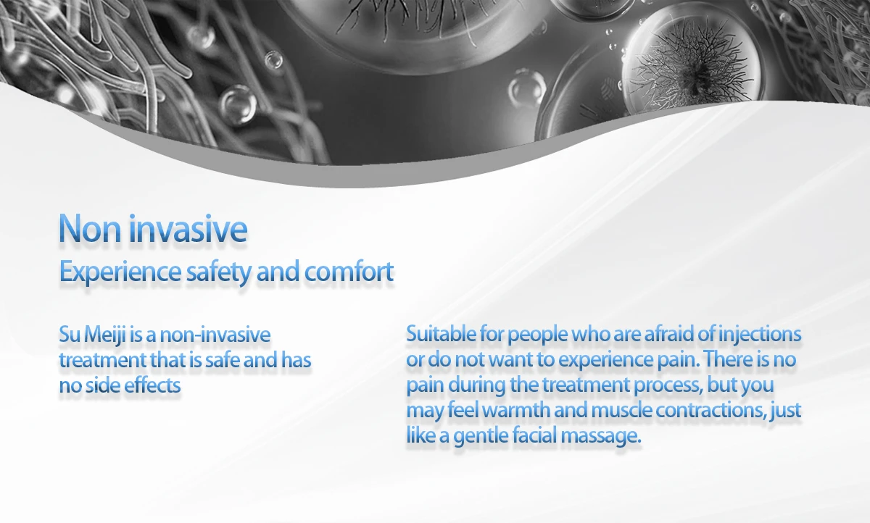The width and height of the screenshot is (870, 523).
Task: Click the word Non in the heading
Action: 90,229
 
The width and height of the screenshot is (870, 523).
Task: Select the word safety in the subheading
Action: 219,272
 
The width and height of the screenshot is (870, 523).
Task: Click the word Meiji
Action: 105,335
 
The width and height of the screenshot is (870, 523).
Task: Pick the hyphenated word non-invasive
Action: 215,335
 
